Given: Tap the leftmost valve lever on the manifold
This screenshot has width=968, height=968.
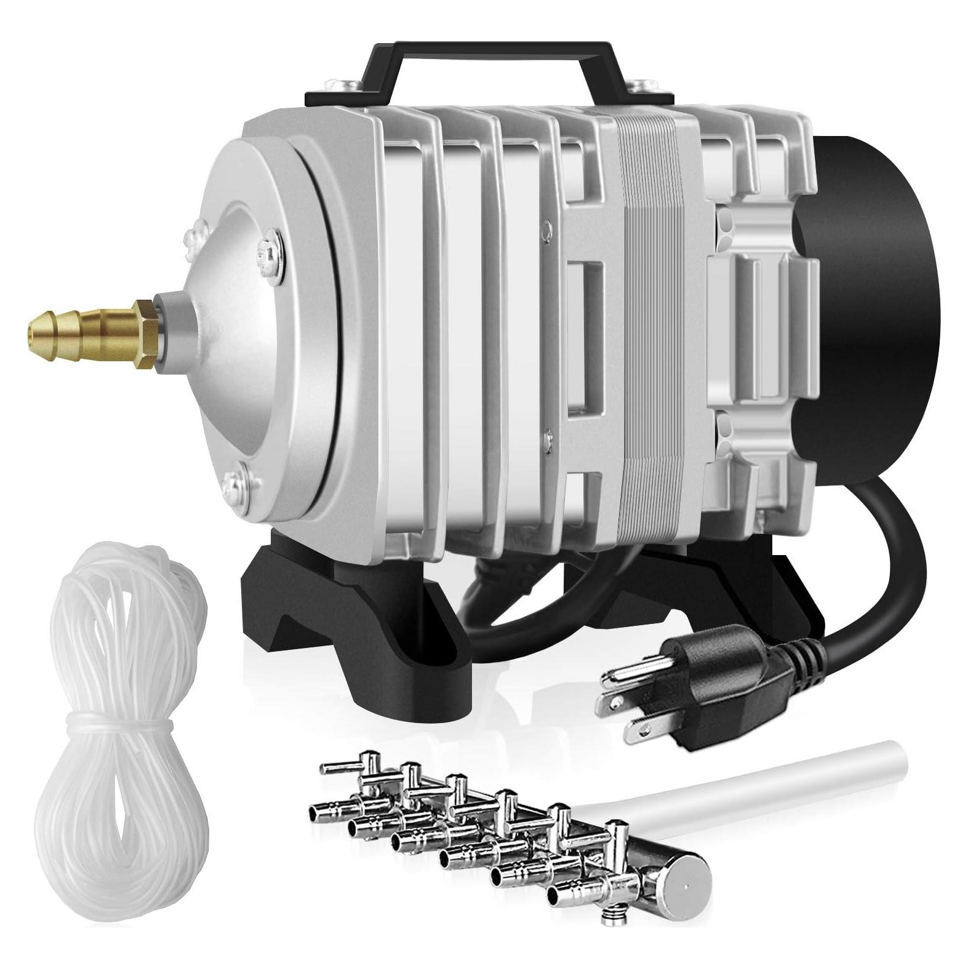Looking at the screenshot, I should pyautogui.click(x=338, y=769).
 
